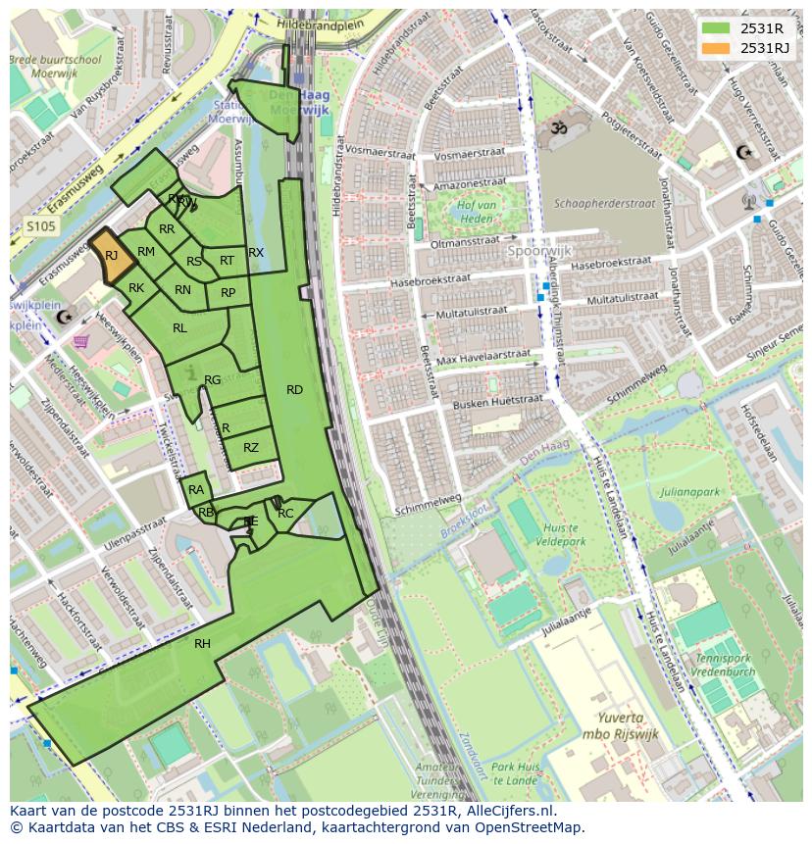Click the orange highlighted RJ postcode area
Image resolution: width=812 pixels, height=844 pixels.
(x=112, y=255)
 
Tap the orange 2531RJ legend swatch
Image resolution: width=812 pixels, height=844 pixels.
(x=716, y=48)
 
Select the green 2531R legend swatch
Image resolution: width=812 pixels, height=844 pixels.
(x=716, y=28)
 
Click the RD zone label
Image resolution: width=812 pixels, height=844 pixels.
(x=294, y=390)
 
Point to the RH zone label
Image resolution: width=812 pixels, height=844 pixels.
(x=202, y=643)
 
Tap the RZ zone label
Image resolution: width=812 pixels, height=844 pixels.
(x=251, y=448)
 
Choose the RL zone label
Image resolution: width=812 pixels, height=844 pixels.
(x=179, y=328)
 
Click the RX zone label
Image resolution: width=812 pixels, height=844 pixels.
(x=256, y=253)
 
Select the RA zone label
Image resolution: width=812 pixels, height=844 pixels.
(x=196, y=490)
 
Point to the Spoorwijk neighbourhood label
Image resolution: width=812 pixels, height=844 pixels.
(x=539, y=250)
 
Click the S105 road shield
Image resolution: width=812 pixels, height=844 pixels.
(x=41, y=225)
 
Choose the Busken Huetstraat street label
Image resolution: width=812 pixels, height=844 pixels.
(x=484, y=403)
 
